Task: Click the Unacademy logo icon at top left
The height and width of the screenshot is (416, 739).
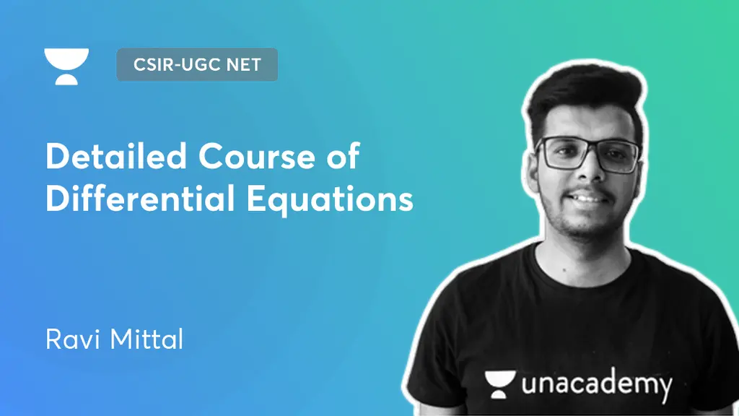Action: point(66,66)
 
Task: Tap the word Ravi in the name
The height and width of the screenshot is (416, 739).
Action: point(71,340)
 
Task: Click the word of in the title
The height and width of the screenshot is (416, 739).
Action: point(340,156)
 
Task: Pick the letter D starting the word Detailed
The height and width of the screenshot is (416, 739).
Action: point(57,156)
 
